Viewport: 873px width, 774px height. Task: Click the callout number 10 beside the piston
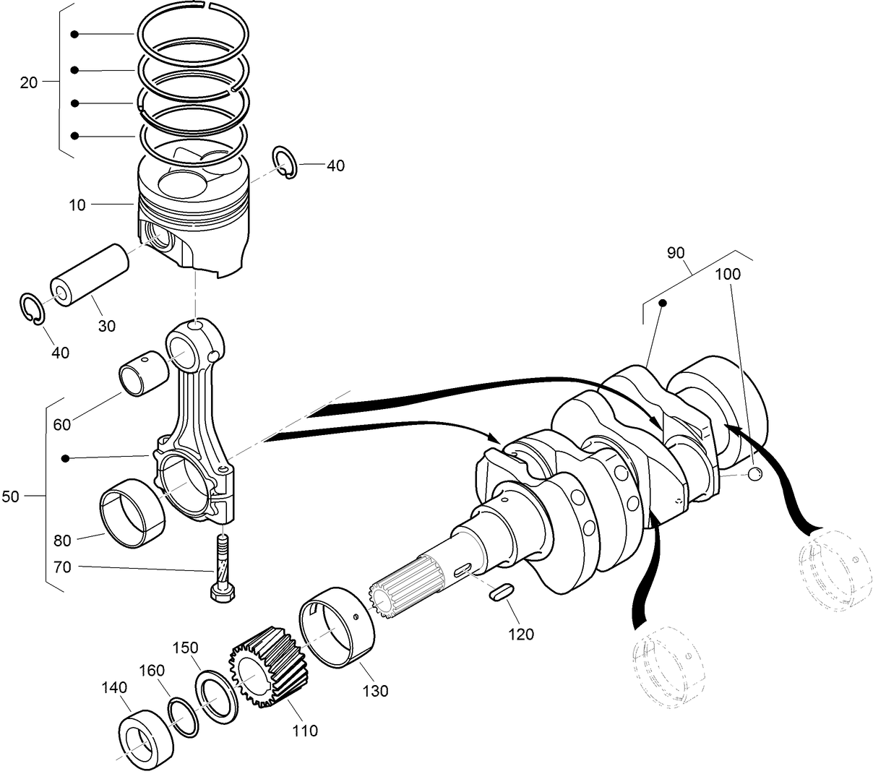(77, 205)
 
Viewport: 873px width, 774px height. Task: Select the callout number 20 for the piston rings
(28, 82)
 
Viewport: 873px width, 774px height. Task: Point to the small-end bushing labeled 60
(140, 372)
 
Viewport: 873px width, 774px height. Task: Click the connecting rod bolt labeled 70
(220, 571)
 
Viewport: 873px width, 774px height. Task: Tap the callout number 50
(11, 496)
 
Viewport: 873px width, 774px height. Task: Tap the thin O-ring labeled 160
(185, 716)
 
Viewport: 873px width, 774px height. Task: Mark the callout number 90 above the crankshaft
(675, 253)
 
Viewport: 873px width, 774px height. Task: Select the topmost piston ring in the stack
(194, 34)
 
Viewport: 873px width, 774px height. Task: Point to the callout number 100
(728, 274)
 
